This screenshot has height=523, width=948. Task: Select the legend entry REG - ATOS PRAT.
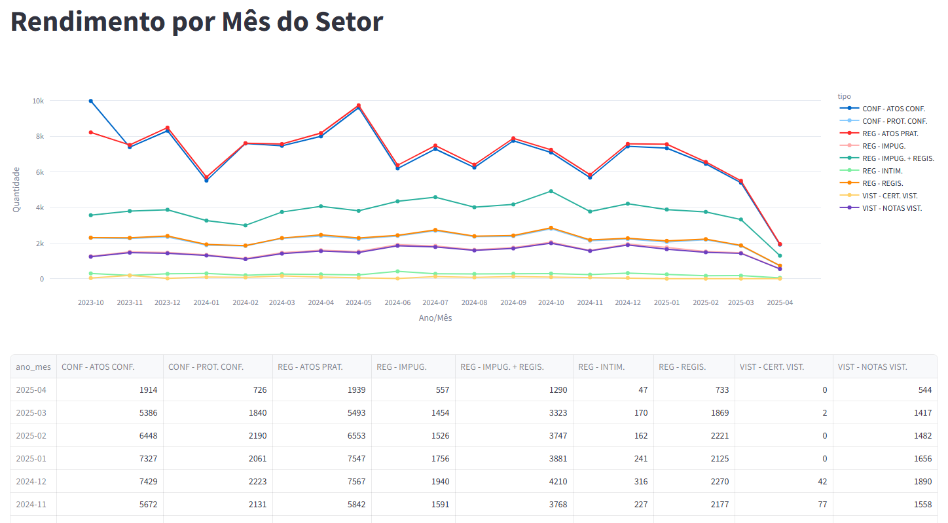coord(890,134)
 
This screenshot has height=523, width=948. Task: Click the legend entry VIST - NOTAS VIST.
coord(892,208)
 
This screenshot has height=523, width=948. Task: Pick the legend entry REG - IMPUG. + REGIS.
coord(898,158)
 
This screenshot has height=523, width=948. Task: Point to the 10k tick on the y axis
coord(37,101)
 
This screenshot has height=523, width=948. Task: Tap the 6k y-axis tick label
coord(39,172)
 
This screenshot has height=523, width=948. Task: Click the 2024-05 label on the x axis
coord(359,303)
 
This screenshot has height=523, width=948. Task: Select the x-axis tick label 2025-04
coord(780,303)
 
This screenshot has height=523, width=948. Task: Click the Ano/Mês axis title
coord(435,318)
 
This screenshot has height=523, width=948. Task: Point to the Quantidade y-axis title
coord(16,189)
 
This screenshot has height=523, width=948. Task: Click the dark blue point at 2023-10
coord(90,101)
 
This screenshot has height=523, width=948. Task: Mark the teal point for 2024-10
coord(551,191)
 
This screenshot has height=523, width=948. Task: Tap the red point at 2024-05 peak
coord(359,105)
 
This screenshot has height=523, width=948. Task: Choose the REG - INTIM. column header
coord(601,367)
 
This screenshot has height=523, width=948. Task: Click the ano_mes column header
coord(33,367)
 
